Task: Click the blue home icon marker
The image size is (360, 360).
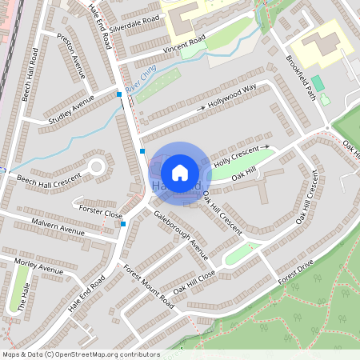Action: [180, 172]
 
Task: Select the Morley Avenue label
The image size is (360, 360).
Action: [38, 266]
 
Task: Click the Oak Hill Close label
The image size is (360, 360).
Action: [194, 283]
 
